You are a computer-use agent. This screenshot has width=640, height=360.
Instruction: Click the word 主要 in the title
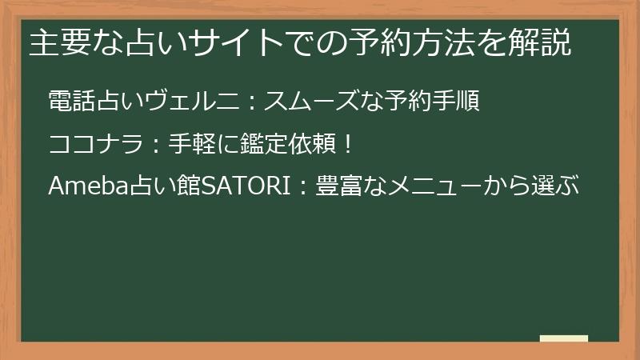click(x=56, y=42)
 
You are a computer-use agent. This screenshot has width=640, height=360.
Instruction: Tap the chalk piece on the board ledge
click(x=563, y=338)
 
